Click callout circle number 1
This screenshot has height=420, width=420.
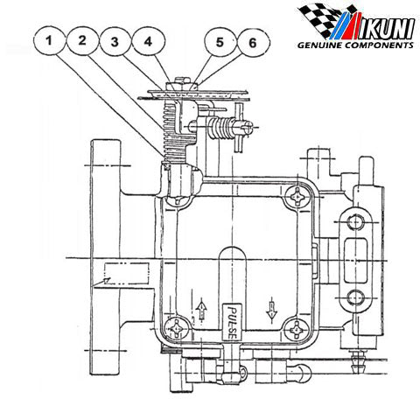click(54, 40)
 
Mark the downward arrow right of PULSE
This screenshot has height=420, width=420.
click(271, 308)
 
